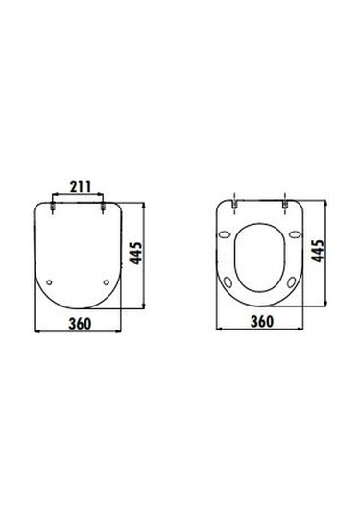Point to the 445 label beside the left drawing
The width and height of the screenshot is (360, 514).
click(139, 255)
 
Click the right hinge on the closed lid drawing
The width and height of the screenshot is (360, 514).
click(103, 205)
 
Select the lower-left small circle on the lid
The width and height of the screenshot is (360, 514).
click(51, 281)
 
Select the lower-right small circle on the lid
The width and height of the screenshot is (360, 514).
click(106, 281)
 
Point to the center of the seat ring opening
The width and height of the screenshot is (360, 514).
click(261, 257)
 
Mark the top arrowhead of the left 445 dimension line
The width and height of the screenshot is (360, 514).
click(146, 204)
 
